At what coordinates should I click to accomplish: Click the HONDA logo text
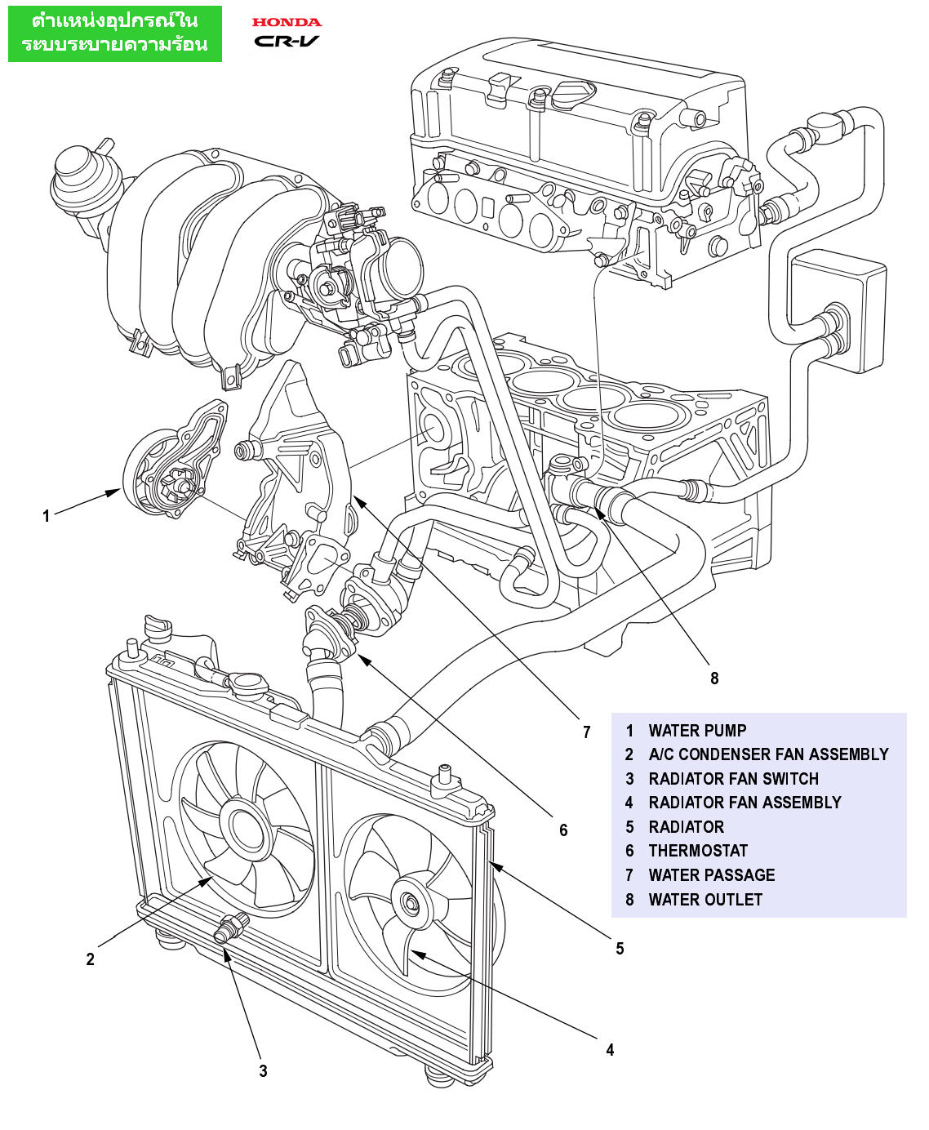(x=287, y=22)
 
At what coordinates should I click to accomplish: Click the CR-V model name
(x=287, y=41)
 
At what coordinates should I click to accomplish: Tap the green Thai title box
(x=115, y=33)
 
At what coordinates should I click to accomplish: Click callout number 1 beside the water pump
(x=47, y=516)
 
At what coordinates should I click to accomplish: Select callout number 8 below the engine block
(x=714, y=678)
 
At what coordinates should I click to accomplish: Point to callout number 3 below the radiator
(x=263, y=1071)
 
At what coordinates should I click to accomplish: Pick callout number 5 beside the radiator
(x=620, y=949)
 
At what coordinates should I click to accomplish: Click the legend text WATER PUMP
(x=697, y=731)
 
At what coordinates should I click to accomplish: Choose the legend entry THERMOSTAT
(x=698, y=851)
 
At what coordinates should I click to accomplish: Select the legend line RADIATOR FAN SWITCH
(x=733, y=779)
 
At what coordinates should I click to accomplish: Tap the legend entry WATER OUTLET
(x=705, y=900)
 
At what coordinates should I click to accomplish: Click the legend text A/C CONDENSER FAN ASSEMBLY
(x=768, y=754)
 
